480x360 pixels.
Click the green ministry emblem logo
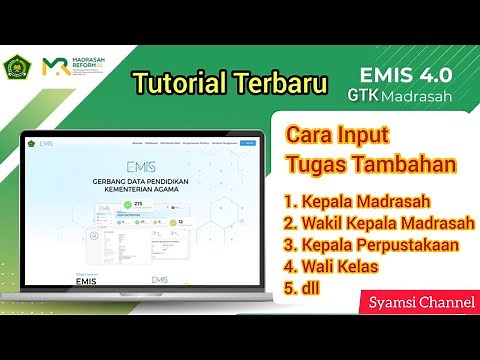pos(18,67)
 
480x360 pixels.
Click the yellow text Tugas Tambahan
pos(362,163)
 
